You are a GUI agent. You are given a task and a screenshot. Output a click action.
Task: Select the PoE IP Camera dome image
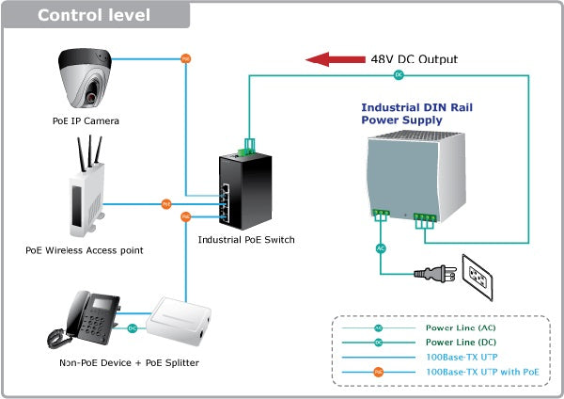(86, 80)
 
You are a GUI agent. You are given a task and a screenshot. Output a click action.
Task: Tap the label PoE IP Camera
(86, 120)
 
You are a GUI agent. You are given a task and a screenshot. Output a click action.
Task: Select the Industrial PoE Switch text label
(246, 240)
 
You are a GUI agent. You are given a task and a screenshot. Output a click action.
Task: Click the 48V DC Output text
(415, 59)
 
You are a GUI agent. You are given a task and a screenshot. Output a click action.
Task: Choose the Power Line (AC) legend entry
(460, 328)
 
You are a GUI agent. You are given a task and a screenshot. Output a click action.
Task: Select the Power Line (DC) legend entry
(460, 343)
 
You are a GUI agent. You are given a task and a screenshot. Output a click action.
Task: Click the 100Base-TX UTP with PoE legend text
(482, 372)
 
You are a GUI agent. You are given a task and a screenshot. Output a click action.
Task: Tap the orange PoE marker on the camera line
(185, 58)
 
